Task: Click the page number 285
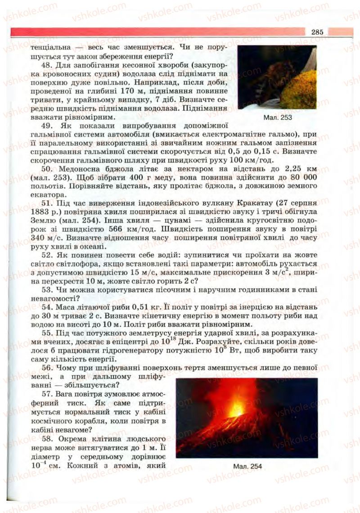[317, 32]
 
